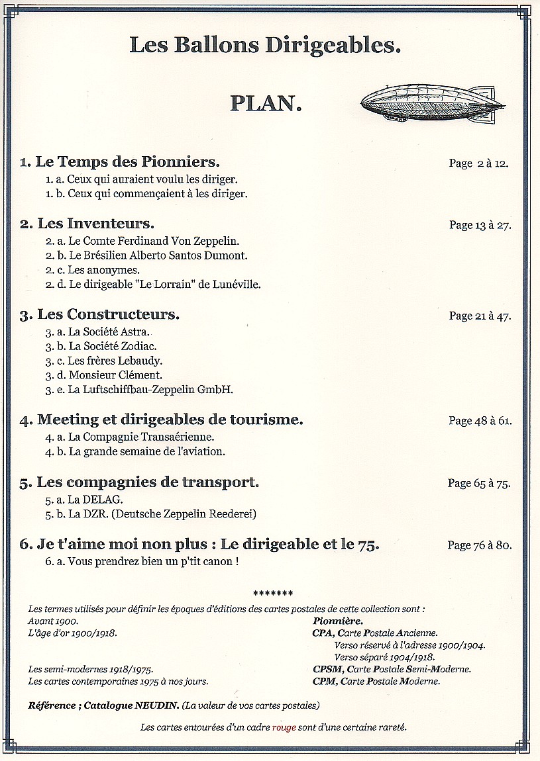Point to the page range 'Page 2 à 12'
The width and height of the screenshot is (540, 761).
(x=478, y=163)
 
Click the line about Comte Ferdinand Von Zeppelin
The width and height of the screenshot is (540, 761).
(x=142, y=241)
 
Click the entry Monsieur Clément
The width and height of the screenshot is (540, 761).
(x=104, y=375)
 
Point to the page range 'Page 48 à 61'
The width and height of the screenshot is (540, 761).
(x=480, y=420)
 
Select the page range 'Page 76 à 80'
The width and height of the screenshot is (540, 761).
(x=480, y=546)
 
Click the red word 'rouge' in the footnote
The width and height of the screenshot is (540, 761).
(x=284, y=727)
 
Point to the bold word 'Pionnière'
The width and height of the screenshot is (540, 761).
(x=337, y=621)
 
